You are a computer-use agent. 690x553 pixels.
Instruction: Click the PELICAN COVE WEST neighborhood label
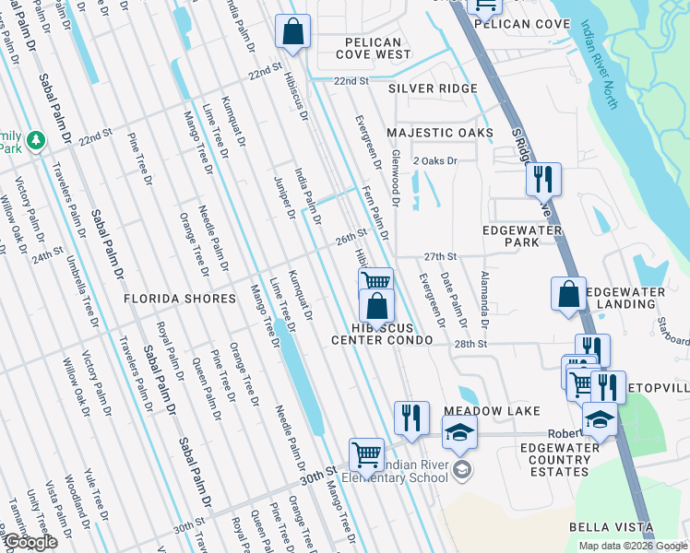373,49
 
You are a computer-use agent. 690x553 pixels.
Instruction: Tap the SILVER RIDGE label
433,88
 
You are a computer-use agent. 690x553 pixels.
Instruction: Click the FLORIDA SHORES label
181,300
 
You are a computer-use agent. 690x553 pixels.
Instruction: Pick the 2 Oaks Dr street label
435,161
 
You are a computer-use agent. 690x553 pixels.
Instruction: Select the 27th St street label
441,256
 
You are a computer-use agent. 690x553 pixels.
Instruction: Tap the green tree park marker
36,140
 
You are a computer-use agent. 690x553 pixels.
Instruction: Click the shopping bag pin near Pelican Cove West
292,31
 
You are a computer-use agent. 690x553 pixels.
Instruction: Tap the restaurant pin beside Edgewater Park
543,177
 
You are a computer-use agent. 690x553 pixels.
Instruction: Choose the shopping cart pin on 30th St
366,453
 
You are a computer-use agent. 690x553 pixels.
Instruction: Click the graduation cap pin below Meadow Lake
459,430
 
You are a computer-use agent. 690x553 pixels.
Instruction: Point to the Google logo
30,543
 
